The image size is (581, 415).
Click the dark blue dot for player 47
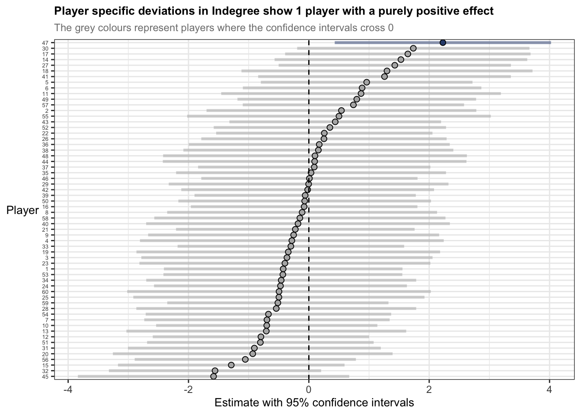443,42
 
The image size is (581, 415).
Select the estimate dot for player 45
214,377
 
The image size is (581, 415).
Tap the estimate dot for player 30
413,48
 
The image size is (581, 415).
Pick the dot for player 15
231,365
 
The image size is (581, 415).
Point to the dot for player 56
246,359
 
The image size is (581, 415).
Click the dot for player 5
367,82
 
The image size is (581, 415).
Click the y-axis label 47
45,43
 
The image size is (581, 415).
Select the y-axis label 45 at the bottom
45,377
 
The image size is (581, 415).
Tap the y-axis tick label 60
45,292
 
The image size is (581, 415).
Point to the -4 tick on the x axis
68,389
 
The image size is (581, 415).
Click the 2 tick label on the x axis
429,389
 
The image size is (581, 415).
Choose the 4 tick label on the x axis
549,389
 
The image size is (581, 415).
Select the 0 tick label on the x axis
309,389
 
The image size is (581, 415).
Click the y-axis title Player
22,211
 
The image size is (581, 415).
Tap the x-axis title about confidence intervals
314,403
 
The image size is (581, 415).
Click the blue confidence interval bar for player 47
389,42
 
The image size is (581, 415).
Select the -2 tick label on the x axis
188,389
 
